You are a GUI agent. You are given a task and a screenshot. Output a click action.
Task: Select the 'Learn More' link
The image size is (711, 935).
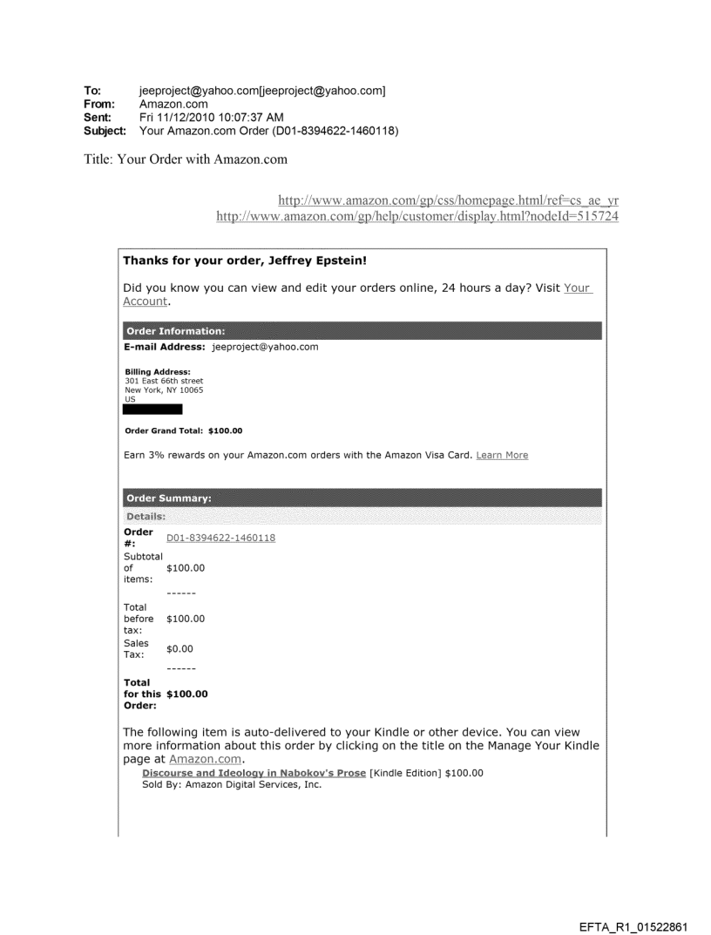502,455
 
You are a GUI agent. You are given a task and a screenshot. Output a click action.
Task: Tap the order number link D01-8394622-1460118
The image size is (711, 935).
220,538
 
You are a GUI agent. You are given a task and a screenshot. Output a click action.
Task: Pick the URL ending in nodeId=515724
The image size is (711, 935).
410,215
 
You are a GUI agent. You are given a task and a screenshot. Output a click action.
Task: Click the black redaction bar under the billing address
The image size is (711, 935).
152,409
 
